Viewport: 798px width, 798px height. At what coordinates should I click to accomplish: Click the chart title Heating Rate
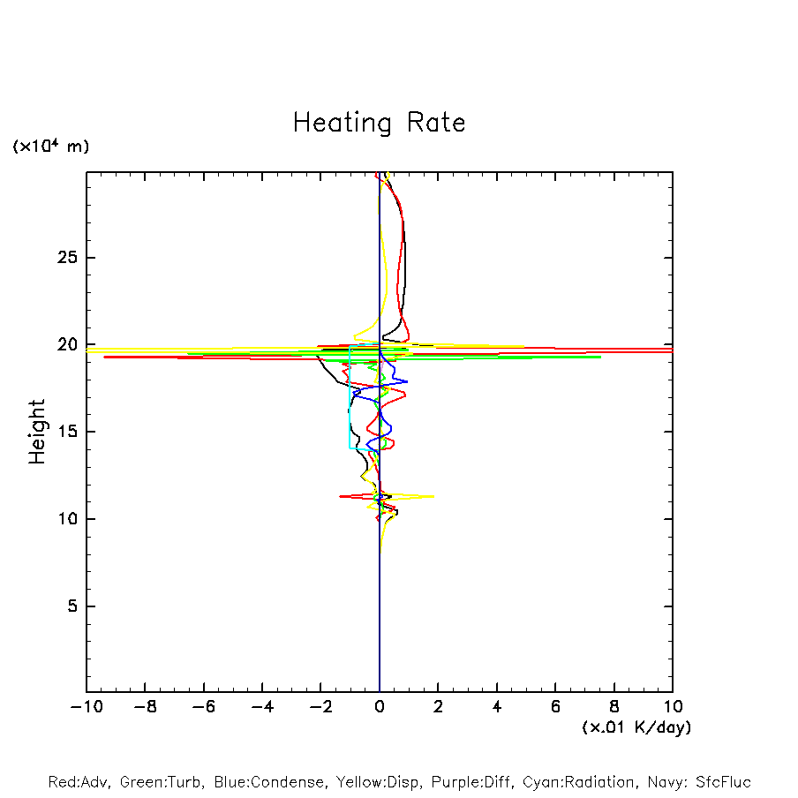(379, 122)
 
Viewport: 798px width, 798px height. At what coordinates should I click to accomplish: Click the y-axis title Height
(36, 432)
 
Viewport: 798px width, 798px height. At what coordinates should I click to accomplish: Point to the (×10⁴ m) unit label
(50, 147)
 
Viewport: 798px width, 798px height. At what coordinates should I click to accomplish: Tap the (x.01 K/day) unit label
(636, 727)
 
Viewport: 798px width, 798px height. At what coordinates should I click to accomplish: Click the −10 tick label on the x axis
(86, 707)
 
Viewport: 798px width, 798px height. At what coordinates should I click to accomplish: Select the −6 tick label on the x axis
(203, 707)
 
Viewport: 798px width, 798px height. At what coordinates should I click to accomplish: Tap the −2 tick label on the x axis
(320, 707)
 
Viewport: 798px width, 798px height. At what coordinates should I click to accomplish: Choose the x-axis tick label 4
(497, 707)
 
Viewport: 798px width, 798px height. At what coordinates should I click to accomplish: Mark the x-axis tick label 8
(614, 707)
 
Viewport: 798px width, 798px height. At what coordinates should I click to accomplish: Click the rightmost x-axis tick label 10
(673, 707)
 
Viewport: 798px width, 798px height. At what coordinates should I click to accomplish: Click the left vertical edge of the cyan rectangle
(350, 397)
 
